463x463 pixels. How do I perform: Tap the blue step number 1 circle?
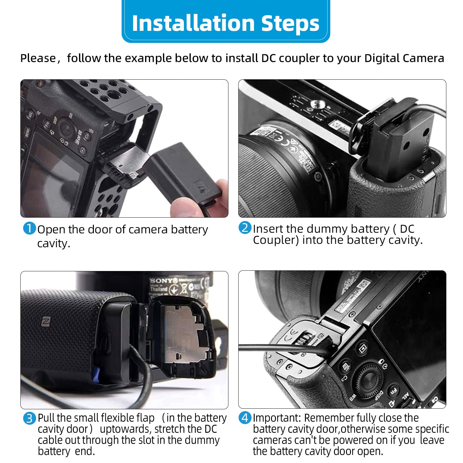pyautogui.click(x=30, y=228)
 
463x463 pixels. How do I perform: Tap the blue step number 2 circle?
pyautogui.click(x=245, y=228)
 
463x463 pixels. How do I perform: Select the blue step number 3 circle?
pyautogui.click(x=30, y=418)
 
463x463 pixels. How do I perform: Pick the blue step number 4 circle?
pyautogui.click(x=245, y=418)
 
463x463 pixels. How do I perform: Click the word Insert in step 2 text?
pyautogui.click(x=268, y=229)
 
